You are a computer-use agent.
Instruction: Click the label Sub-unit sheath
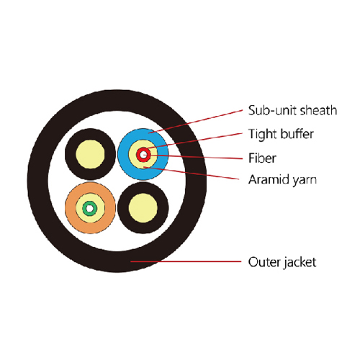(292, 110)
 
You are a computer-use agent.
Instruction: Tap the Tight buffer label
(281, 134)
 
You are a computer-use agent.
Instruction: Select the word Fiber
(262, 158)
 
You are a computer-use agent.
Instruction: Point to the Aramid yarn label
(282, 180)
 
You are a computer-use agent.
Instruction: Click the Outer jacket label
(282, 262)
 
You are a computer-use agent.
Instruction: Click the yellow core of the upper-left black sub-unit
(90, 154)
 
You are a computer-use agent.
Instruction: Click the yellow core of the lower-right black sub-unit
(143, 208)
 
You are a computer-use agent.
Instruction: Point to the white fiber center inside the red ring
(143, 155)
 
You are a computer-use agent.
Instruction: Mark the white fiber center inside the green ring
(89, 209)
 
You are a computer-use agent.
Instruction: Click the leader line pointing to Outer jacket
(186, 261)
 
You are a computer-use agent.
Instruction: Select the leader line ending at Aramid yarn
(192, 173)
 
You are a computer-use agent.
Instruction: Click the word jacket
(300, 263)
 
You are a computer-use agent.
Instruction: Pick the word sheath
(319, 110)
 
